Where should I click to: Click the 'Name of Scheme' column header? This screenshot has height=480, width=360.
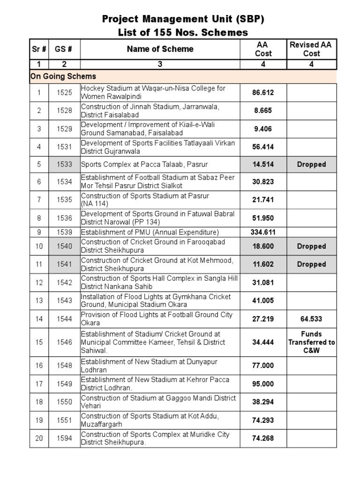click(x=160, y=49)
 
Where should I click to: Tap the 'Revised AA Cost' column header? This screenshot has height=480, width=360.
click(x=311, y=49)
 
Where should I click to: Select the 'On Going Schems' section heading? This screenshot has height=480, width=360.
click(x=63, y=76)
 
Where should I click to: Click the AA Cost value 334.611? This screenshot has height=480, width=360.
click(x=263, y=232)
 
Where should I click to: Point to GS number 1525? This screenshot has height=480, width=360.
click(x=64, y=93)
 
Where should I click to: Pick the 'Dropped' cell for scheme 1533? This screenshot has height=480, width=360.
click(x=311, y=165)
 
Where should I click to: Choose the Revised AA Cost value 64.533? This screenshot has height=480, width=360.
click(x=311, y=319)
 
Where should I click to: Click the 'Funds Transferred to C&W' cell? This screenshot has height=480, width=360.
click(x=311, y=342)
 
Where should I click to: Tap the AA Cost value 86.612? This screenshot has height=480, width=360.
click(x=263, y=93)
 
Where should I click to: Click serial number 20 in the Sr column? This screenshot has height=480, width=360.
click(x=39, y=438)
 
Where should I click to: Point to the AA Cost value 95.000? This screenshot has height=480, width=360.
click(x=263, y=384)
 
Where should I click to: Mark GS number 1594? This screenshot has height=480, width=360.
click(x=64, y=438)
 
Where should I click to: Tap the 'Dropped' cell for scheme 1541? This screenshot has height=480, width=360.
click(x=311, y=264)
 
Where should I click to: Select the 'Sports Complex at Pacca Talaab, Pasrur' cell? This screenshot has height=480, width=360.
click(x=138, y=165)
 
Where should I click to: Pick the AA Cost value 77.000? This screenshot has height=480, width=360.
click(x=263, y=366)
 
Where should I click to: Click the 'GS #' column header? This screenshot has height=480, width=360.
click(x=64, y=49)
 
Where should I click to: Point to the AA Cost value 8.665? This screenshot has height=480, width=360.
click(x=263, y=111)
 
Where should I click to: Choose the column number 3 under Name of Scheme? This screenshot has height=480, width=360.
click(x=160, y=65)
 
